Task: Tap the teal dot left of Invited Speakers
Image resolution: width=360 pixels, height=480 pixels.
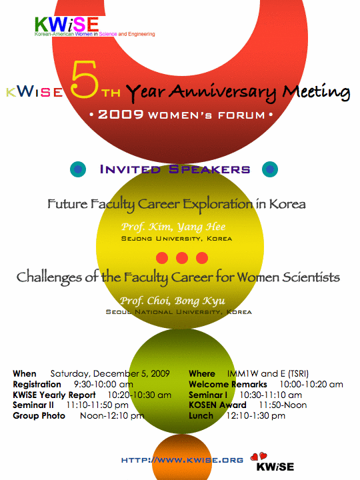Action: [78, 169]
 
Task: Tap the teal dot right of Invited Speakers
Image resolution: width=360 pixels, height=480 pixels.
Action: [270, 169]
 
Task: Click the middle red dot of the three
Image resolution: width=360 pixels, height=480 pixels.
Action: [182, 258]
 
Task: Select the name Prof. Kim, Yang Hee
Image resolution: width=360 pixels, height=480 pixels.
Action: [173, 227]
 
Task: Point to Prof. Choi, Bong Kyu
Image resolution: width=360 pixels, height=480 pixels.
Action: [173, 301]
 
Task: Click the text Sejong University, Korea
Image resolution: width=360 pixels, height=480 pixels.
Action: [177, 239]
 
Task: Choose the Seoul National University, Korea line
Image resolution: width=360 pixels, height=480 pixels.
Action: [179, 312]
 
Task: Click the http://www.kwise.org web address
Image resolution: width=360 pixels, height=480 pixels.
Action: [182, 460]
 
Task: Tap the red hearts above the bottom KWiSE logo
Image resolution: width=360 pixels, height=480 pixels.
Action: [259, 457]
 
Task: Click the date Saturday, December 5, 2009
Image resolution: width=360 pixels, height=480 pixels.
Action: [110, 374]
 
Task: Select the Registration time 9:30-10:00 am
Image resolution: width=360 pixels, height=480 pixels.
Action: [103, 385]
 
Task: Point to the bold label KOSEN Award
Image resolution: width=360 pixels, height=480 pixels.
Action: [217, 405]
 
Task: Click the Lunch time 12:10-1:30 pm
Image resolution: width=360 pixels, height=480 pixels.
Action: [255, 416]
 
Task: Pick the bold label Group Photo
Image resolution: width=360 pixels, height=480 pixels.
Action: [39, 416]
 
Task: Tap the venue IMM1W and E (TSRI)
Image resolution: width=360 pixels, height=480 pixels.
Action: [268, 374]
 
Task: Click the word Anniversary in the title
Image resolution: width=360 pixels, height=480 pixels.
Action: [223, 93]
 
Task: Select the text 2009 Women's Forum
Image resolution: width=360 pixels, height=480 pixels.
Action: [181, 115]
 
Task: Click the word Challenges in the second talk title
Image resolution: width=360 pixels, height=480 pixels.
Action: [49, 277]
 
